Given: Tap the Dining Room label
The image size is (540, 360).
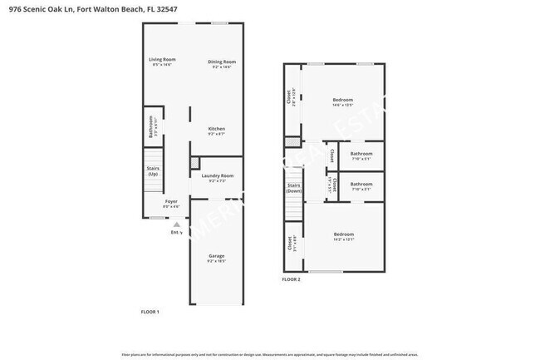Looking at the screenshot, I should tap(222, 62).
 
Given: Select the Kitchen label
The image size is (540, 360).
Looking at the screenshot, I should tap(217, 129).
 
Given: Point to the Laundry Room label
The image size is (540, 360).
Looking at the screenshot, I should tap(218, 175).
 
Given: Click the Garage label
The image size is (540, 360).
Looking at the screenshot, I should tap(216, 255).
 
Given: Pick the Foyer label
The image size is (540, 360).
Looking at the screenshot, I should tap(171, 202).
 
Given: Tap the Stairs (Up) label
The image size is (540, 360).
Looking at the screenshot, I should tap(154, 171).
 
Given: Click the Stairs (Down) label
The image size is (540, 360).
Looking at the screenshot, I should tap(293, 188).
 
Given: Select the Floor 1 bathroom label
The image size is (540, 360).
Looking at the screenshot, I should tap(151, 127).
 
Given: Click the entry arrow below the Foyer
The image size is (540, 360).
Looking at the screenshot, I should tap(175, 224).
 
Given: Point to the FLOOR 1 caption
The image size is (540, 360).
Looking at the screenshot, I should tap(150, 311).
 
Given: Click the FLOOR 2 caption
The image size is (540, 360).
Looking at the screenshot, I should tap(291, 279).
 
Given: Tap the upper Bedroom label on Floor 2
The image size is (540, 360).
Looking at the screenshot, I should tap(343, 100).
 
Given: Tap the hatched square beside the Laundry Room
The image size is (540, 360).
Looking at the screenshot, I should tap(195, 163).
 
